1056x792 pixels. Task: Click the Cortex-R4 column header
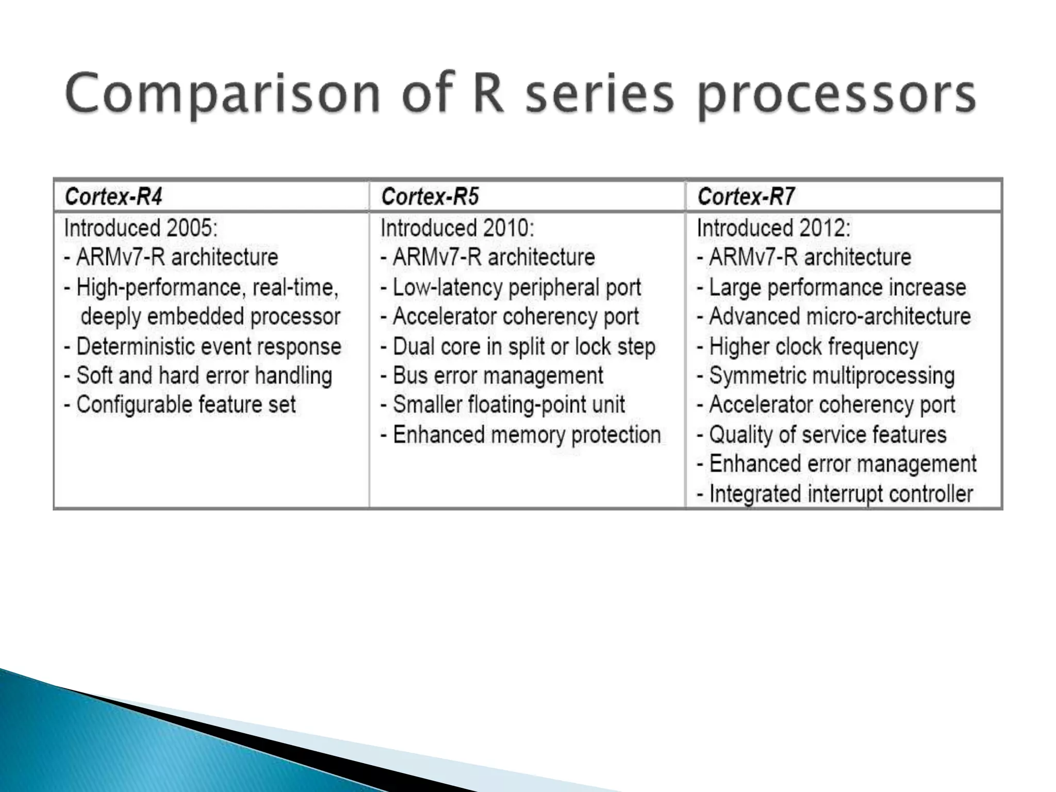(113, 196)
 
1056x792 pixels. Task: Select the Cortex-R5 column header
(430, 196)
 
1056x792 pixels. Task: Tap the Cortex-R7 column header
(746, 196)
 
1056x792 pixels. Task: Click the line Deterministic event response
(203, 346)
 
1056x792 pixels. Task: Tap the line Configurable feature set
(180, 405)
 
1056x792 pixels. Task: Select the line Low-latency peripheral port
(510, 287)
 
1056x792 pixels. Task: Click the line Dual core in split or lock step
(518, 346)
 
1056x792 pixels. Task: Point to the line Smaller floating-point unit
(503, 405)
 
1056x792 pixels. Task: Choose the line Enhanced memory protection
(521, 435)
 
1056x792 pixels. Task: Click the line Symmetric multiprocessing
(826, 375)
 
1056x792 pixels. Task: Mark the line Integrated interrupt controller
(835, 493)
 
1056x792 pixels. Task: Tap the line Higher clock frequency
(808, 346)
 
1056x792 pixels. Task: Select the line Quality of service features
(822, 435)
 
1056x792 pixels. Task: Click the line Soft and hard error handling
(198, 375)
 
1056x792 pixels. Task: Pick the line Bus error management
(492, 375)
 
